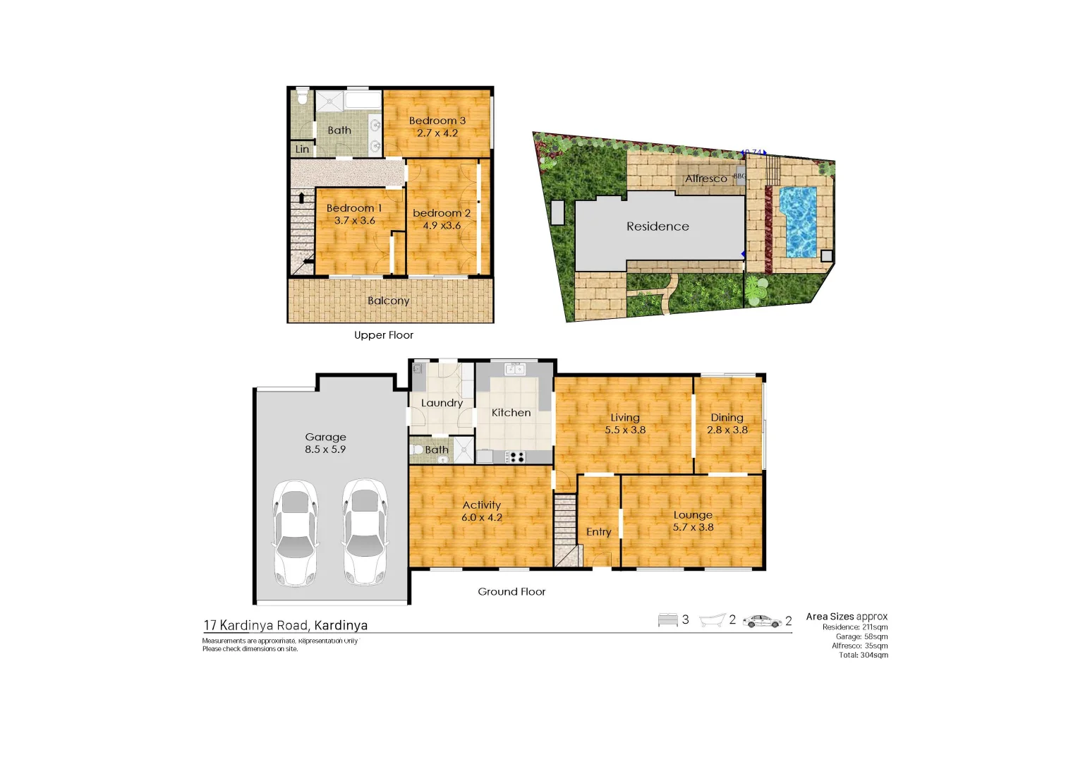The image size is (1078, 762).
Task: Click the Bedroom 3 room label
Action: (x=437, y=121)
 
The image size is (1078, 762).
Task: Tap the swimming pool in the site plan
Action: (x=798, y=222)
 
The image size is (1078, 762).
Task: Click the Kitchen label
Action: (x=511, y=413)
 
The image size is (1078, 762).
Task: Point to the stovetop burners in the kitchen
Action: (x=516, y=457)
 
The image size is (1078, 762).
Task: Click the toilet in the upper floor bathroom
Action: (x=303, y=96)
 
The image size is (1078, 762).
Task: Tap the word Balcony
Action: (x=388, y=301)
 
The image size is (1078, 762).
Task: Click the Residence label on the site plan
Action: (x=658, y=226)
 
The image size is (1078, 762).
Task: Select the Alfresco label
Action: (x=705, y=179)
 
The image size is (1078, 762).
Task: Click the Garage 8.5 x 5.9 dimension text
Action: (x=325, y=449)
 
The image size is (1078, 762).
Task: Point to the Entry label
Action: (x=598, y=532)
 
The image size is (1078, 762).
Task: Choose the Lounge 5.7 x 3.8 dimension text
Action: (x=693, y=527)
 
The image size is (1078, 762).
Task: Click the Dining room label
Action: (x=727, y=418)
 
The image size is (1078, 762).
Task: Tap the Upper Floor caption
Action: (x=384, y=335)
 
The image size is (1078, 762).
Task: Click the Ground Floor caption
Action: (x=511, y=592)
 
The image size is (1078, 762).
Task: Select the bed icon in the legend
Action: (x=667, y=620)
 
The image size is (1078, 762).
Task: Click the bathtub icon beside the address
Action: (x=712, y=620)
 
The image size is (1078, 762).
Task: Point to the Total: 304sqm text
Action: (x=863, y=655)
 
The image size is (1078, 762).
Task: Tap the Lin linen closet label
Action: (x=302, y=149)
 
